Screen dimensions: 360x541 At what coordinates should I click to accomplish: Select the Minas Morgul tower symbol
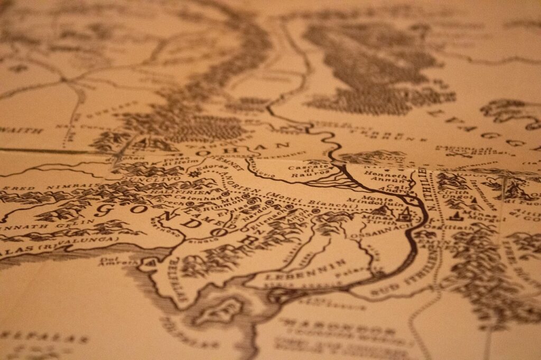pos(454,215)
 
